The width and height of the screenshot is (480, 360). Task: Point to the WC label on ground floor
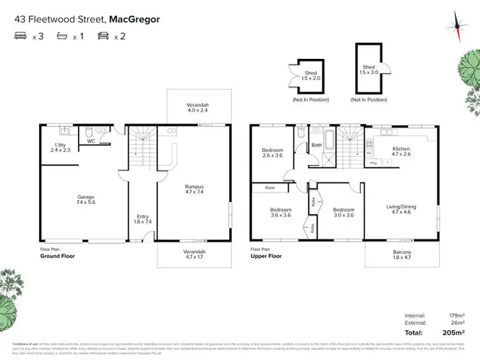click(92, 141)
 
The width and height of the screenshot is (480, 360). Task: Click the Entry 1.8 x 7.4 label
click(142, 219)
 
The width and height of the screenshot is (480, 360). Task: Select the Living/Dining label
click(401, 210)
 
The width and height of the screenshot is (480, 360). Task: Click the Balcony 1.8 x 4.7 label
click(402, 255)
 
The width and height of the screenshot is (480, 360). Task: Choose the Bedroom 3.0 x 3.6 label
click(343, 213)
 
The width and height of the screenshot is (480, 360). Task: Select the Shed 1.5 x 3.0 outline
click(369, 70)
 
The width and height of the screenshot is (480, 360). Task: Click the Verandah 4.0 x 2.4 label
click(198, 107)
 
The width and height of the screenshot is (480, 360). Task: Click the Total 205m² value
click(454, 333)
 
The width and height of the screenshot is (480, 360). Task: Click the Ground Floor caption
click(58, 256)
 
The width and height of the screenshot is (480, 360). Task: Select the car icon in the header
click(102, 36)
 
